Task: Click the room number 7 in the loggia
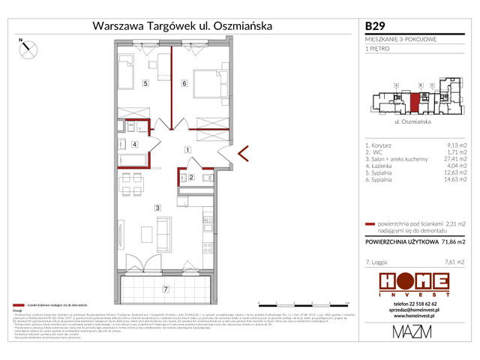click(166, 289)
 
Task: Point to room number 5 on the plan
click(145, 84)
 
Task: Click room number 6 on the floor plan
click(184, 84)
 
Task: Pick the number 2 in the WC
click(191, 178)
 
